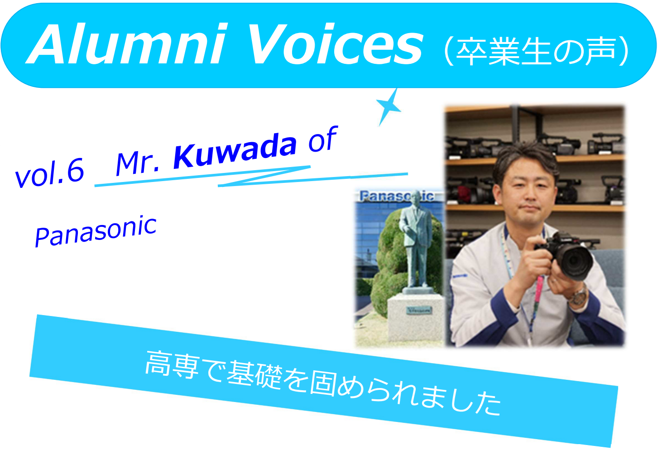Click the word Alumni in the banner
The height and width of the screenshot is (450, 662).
coord(126,44)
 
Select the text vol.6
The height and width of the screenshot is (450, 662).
coord(50,173)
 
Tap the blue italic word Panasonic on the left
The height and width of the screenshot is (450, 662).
coord(96,231)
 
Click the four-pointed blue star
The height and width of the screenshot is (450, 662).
coord(389,107)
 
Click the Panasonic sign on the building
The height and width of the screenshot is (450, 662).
coord(397,196)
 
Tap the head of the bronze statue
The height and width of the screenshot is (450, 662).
coord(416,196)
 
